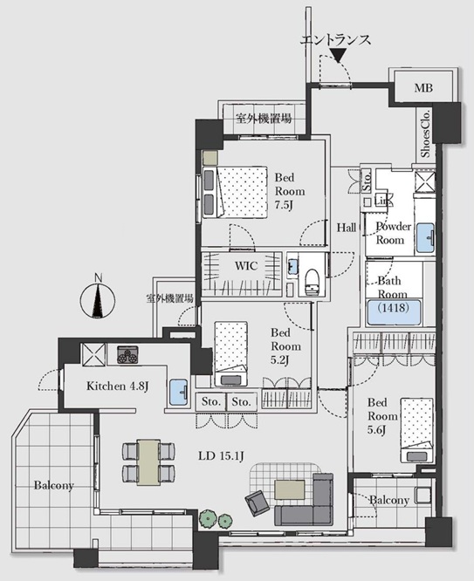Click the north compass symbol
(98, 299)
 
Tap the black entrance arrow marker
(338, 55)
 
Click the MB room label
(423, 88)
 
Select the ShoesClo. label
(425, 133)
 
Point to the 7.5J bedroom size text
(284, 205)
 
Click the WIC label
(246, 266)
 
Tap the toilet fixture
(312, 282)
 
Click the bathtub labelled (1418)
(394, 311)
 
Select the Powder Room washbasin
(425, 237)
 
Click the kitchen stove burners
(127, 354)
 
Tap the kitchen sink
(178, 393)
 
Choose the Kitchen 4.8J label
(118, 386)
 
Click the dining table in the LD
(148, 462)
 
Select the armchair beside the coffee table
(258, 503)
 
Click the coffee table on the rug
(290, 489)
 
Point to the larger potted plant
(208, 517)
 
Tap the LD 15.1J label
(221, 455)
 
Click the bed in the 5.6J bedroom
(417, 430)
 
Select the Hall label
(347, 228)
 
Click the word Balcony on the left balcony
(54, 485)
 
